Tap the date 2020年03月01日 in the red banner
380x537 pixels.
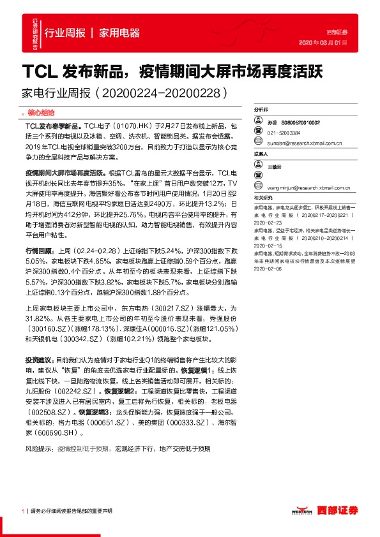tap(323, 42)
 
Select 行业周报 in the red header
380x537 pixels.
tap(65, 33)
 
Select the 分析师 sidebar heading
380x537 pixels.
tap(261, 110)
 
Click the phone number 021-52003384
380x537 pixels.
tap(284, 133)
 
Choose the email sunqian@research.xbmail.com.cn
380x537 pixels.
tap(304, 143)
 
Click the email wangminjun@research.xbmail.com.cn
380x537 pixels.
tap(308, 187)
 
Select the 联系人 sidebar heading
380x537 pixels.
tap(261, 154)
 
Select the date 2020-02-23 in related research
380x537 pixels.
tap(268, 224)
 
